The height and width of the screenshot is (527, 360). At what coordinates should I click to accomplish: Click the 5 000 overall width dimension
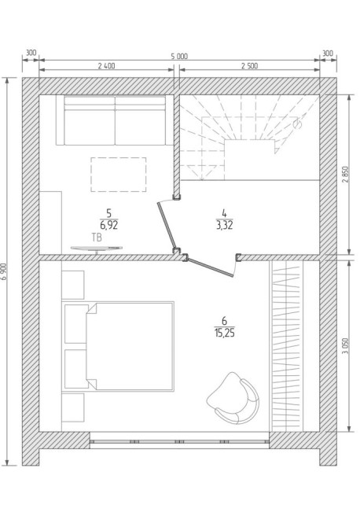click(x=179, y=57)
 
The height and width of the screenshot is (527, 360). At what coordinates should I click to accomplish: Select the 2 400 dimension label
click(x=106, y=66)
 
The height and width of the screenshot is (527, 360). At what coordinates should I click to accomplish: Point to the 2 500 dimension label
click(x=249, y=66)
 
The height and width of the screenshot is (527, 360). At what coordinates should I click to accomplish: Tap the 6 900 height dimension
click(x=5, y=271)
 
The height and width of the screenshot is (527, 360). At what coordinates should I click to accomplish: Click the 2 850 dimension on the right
click(x=346, y=175)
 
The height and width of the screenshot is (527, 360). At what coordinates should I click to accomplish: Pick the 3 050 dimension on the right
click(x=346, y=345)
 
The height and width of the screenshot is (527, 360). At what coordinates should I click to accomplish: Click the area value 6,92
click(x=108, y=225)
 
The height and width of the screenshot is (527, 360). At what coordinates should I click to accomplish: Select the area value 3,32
click(x=224, y=225)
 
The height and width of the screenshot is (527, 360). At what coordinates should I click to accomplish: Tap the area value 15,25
click(x=224, y=333)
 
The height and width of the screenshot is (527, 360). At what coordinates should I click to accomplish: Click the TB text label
click(x=97, y=238)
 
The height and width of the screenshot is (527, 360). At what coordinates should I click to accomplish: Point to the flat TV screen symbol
click(x=97, y=249)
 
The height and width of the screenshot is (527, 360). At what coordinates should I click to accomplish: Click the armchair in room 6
click(x=233, y=398)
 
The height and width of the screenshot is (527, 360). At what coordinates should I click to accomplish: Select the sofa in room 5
click(x=115, y=120)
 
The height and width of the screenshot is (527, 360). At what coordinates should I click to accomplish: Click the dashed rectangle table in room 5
click(x=118, y=175)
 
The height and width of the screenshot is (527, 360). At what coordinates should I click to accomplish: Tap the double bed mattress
click(x=130, y=347)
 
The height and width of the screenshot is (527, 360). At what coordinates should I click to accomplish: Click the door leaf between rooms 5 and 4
click(x=166, y=225)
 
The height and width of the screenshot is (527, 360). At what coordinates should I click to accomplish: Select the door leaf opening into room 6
click(x=210, y=267)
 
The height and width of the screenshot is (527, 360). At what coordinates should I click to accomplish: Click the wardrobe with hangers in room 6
click(x=286, y=346)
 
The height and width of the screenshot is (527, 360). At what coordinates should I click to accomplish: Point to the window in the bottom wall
click(x=179, y=441)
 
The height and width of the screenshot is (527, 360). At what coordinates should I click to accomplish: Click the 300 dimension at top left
click(x=31, y=53)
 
